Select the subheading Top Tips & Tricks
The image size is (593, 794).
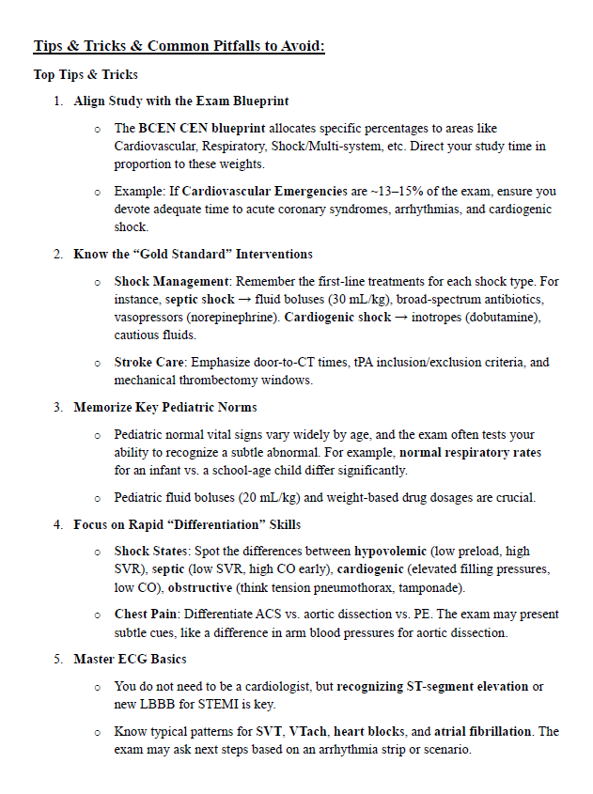(x=86, y=74)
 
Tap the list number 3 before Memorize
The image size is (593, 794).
(x=58, y=407)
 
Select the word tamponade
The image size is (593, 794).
(x=429, y=587)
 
